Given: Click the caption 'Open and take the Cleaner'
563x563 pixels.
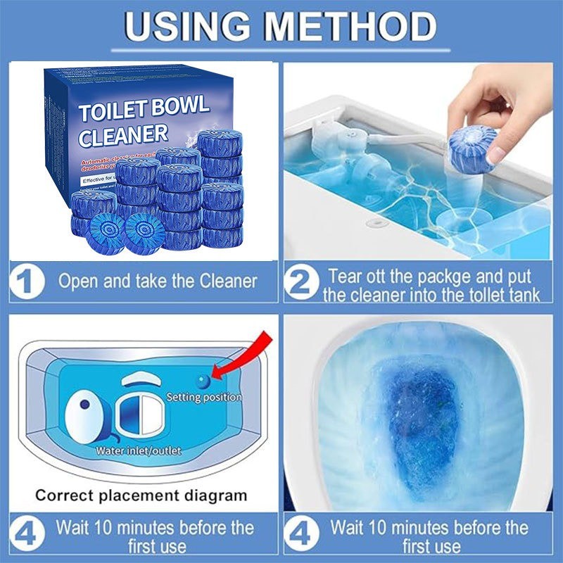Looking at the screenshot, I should tap(158, 282).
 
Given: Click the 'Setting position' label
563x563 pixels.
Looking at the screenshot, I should tap(203, 398).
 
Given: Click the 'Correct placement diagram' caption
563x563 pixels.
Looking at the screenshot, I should tap(141, 495).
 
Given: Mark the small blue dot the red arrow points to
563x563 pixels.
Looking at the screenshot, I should tap(203, 381).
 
